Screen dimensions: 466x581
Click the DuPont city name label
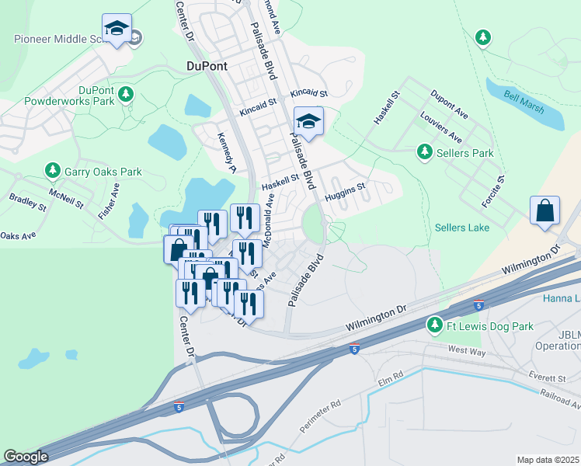(207, 66)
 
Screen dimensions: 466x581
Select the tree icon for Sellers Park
(424, 153)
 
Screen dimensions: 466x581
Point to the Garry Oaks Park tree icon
(52, 171)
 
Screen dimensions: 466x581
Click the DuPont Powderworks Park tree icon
(125, 95)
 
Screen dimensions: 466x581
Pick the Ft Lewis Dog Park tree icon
(435, 325)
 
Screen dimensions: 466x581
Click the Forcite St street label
(492, 191)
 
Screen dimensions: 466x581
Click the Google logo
(26, 457)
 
